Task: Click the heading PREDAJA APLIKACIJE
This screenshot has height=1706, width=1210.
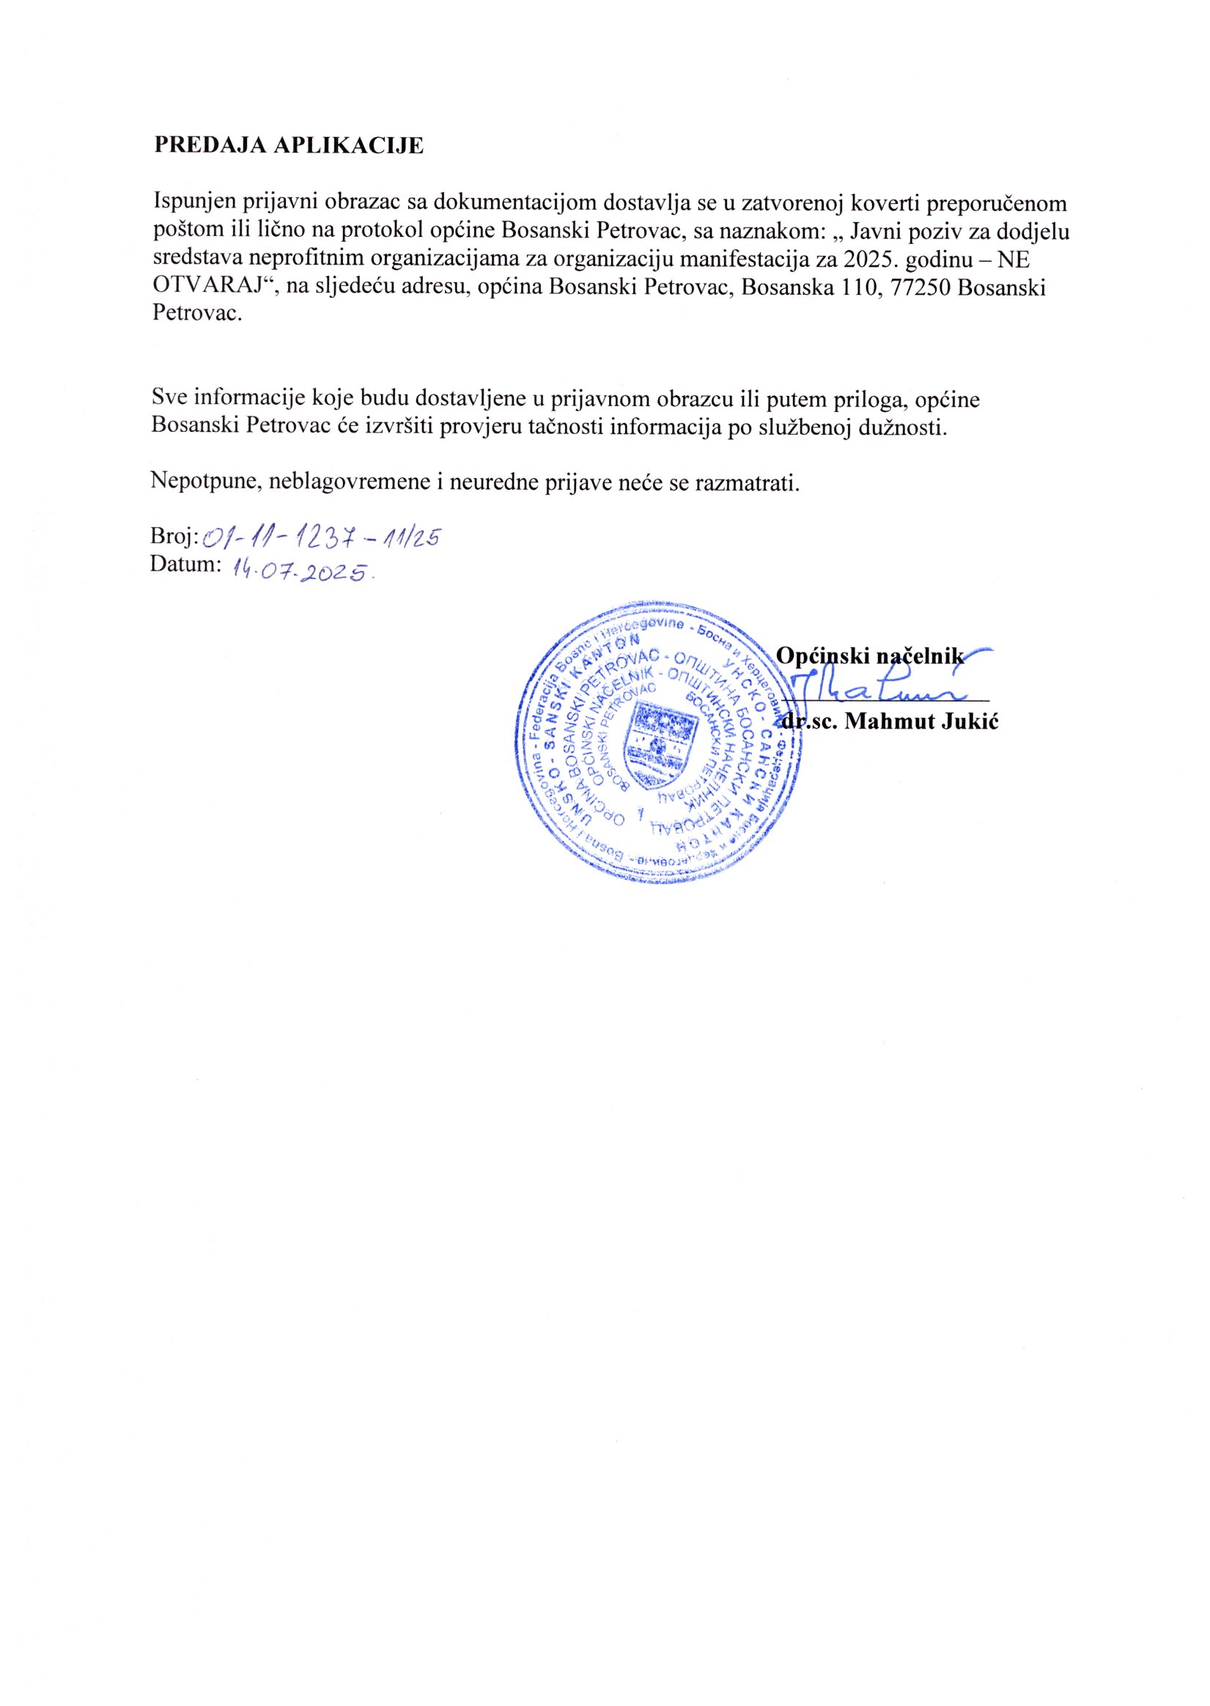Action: [x=288, y=145]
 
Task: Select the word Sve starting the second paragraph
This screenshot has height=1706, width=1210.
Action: [x=169, y=400]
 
